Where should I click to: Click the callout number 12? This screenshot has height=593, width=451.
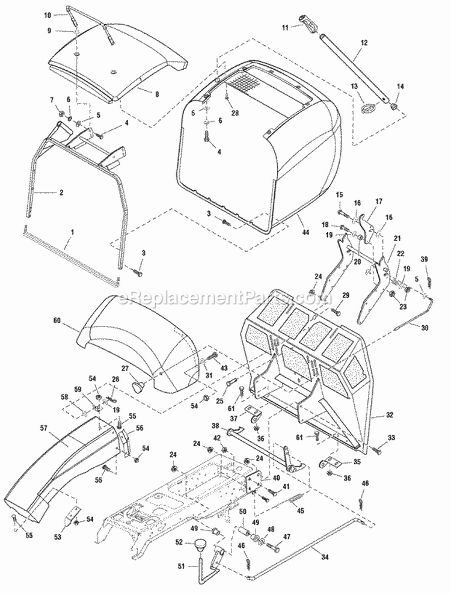pyautogui.click(x=363, y=42)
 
